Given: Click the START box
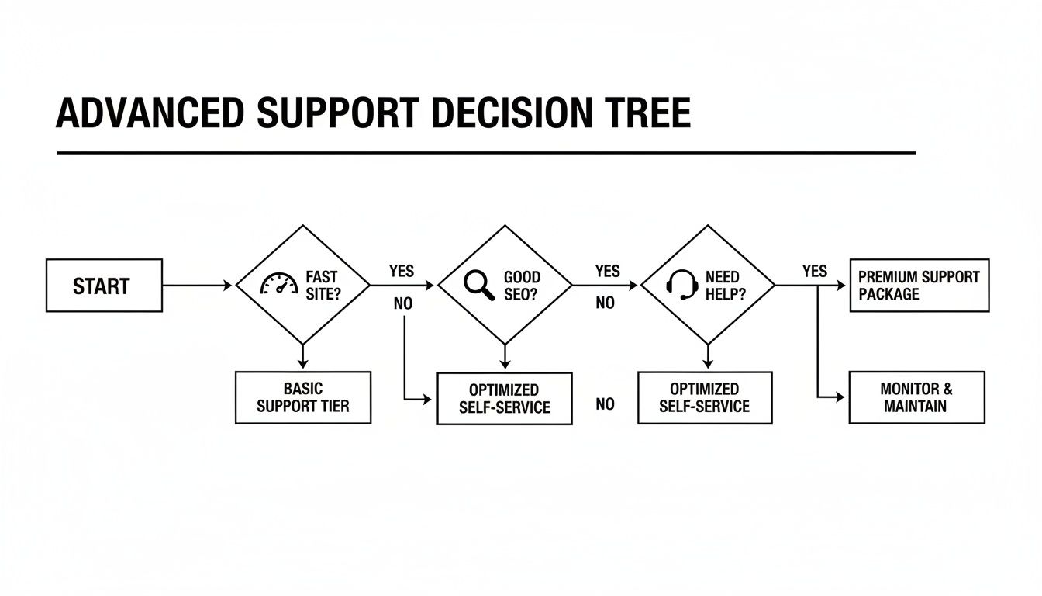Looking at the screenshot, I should coord(104,286).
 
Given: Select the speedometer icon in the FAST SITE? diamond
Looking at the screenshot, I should coord(279,284).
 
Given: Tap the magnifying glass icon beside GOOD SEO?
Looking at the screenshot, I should coord(479,285).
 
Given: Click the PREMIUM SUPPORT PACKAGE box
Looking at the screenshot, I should coord(919,286).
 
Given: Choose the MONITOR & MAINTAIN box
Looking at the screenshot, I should coord(916,397).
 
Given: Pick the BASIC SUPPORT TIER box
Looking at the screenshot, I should coord(302,397).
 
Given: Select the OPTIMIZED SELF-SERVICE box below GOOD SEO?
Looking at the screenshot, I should coord(504,398).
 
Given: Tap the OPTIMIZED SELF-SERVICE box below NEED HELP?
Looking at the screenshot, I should coord(705,397).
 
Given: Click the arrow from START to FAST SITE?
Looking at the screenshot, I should coord(197,286).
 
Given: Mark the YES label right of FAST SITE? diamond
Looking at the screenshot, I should coord(402,271).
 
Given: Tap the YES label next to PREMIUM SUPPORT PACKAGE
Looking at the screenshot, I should coord(814,271).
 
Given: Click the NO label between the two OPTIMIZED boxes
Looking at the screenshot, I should coord(605,404).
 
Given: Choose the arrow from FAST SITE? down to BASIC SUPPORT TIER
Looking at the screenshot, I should coord(303,355).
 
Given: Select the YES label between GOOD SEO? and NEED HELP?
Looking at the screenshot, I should coord(607,271).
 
